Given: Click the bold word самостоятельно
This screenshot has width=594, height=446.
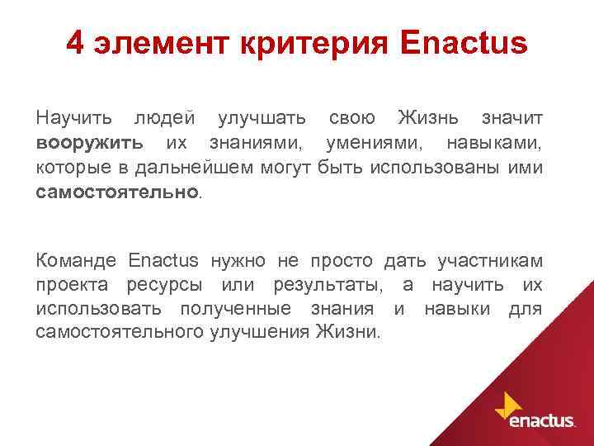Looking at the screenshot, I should [x=116, y=192].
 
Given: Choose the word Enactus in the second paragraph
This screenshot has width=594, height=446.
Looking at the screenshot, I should [x=163, y=261].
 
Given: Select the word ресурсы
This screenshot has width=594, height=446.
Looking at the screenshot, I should [x=164, y=286].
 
